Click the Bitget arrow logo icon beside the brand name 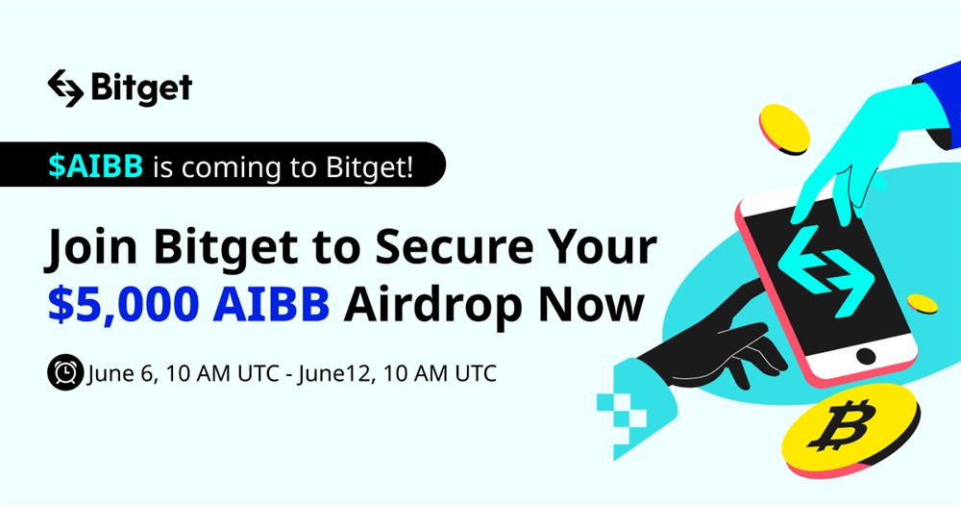point(65,88)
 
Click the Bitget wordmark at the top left point(141,88)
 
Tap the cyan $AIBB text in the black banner point(95,165)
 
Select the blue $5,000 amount point(124,304)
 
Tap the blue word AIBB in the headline point(272,304)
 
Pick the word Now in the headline point(592,304)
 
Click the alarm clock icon point(65,372)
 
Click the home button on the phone point(866,355)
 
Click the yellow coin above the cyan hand point(784,129)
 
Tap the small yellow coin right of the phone point(922,304)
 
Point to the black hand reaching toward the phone point(711,343)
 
